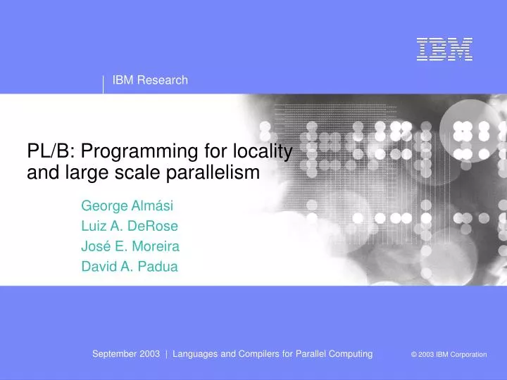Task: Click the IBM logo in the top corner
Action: [x=444, y=49]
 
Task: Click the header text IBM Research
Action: [x=150, y=80]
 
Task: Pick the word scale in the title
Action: [x=139, y=172]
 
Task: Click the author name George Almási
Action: [x=127, y=206]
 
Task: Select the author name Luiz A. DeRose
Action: [x=130, y=227]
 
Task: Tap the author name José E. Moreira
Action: [x=130, y=247]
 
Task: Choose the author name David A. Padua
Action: [x=130, y=267]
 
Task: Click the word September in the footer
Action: [x=114, y=354]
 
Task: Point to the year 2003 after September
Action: [x=149, y=354]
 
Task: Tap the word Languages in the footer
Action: [x=196, y=354]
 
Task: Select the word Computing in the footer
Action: [x=350, y=354]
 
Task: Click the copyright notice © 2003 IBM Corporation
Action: [x=449, y=355]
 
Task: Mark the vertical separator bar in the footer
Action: [x=166, y=354]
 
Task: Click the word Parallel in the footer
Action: [x=307, y=354]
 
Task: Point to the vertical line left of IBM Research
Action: [x=104, y=84]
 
